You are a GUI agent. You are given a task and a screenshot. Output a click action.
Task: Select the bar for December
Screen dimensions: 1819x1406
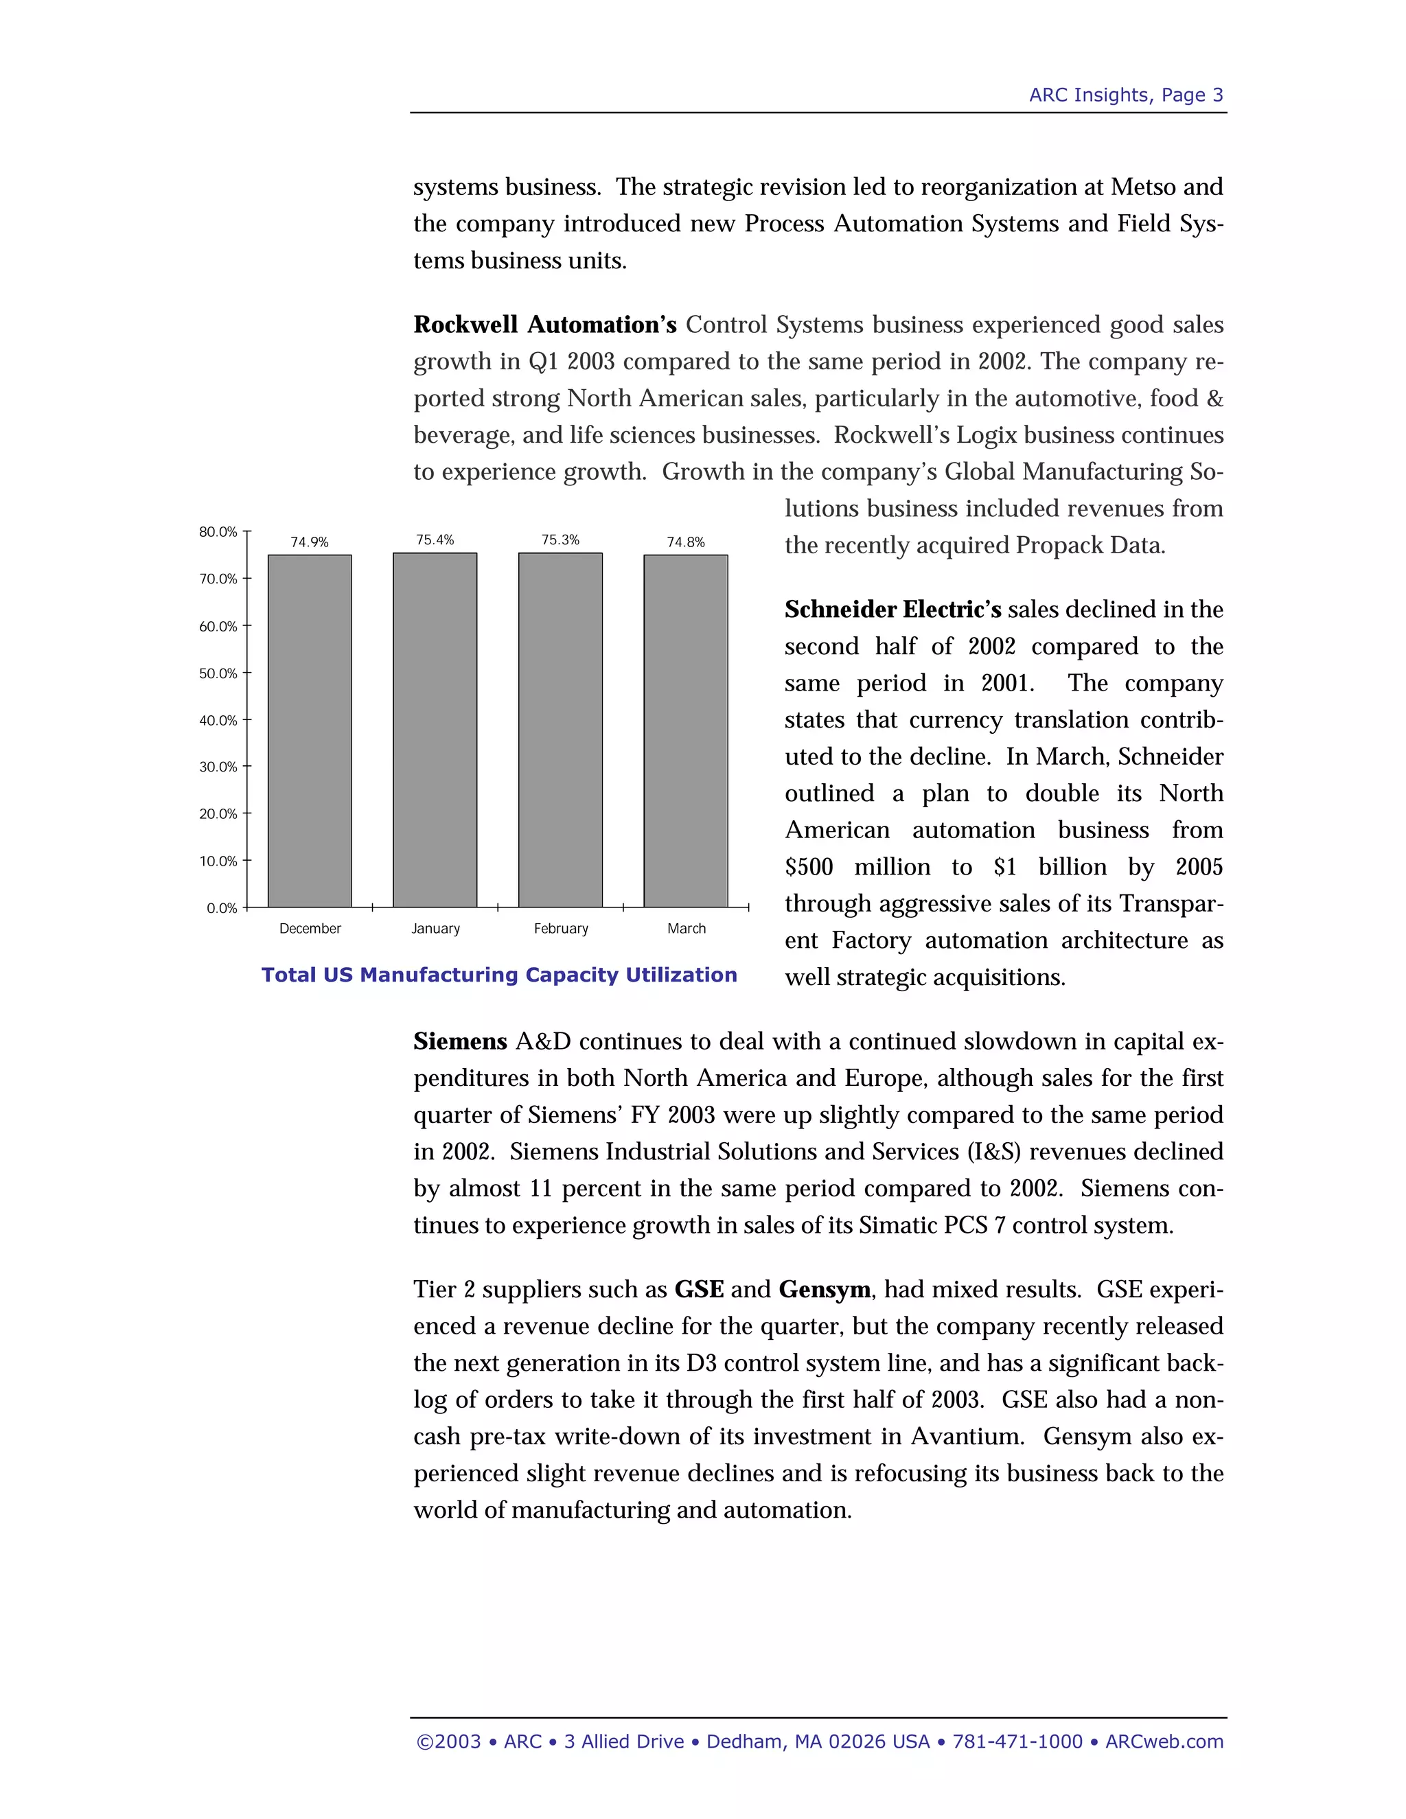pos(310,730)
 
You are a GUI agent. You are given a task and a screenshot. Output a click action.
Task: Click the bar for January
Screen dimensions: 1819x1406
pos(435,730)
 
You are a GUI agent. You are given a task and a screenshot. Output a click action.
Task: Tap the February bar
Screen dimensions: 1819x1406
pos(561,730)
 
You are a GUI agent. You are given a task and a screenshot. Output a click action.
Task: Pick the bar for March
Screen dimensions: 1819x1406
pos(686,730)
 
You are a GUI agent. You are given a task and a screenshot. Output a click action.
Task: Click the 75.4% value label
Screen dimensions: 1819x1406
pos(435,540)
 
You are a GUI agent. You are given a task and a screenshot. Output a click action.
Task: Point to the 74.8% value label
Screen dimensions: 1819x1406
pos(686,542)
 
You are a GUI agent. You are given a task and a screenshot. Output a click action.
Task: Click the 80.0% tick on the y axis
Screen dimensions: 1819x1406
pos(218,531)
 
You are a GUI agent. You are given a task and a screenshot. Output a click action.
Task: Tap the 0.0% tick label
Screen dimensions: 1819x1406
pos(222,908)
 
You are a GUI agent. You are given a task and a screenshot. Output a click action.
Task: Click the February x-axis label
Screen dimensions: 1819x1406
pos(561,929)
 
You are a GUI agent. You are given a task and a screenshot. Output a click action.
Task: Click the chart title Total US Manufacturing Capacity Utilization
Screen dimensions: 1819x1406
pos(499,975)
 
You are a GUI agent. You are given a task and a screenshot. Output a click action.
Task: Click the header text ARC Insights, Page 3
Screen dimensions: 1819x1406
pos(1125,95)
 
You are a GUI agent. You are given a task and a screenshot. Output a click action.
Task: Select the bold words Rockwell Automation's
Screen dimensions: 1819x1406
pos(544,325)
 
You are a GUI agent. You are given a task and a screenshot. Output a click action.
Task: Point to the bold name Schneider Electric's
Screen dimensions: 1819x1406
pos(892,610)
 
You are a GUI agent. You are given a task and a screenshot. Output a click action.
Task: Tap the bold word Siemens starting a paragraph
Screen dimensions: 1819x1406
pos(460,1042)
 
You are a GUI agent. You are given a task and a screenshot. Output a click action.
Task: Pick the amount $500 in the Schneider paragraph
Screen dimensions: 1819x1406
pos(809,867)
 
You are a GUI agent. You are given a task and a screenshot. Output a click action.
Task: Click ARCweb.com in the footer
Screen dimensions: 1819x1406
pos(1164,1741)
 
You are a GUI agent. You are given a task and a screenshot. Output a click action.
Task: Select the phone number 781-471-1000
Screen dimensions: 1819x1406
pos(1017,1741)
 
